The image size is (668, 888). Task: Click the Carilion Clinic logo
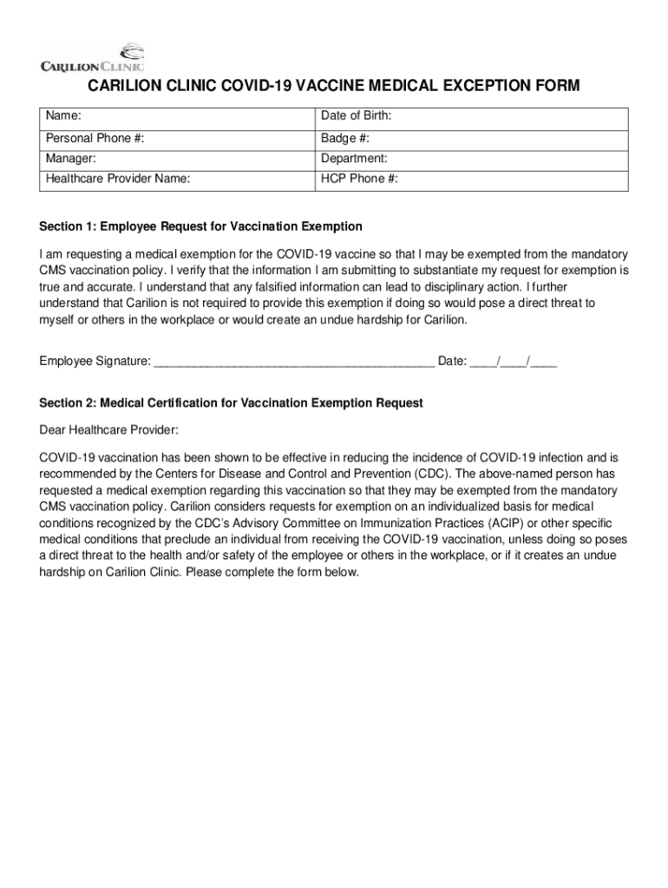(x=92, y=56)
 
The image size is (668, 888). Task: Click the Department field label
(x=354, y=160)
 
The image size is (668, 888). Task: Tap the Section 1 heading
(x=200, y=226)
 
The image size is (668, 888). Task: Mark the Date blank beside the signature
(x=513, y=361)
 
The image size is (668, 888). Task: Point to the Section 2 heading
(x=231, y=403)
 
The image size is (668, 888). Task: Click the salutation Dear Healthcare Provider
(x=109, y=429)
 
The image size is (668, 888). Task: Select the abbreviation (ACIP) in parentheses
(x=513, y=524)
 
